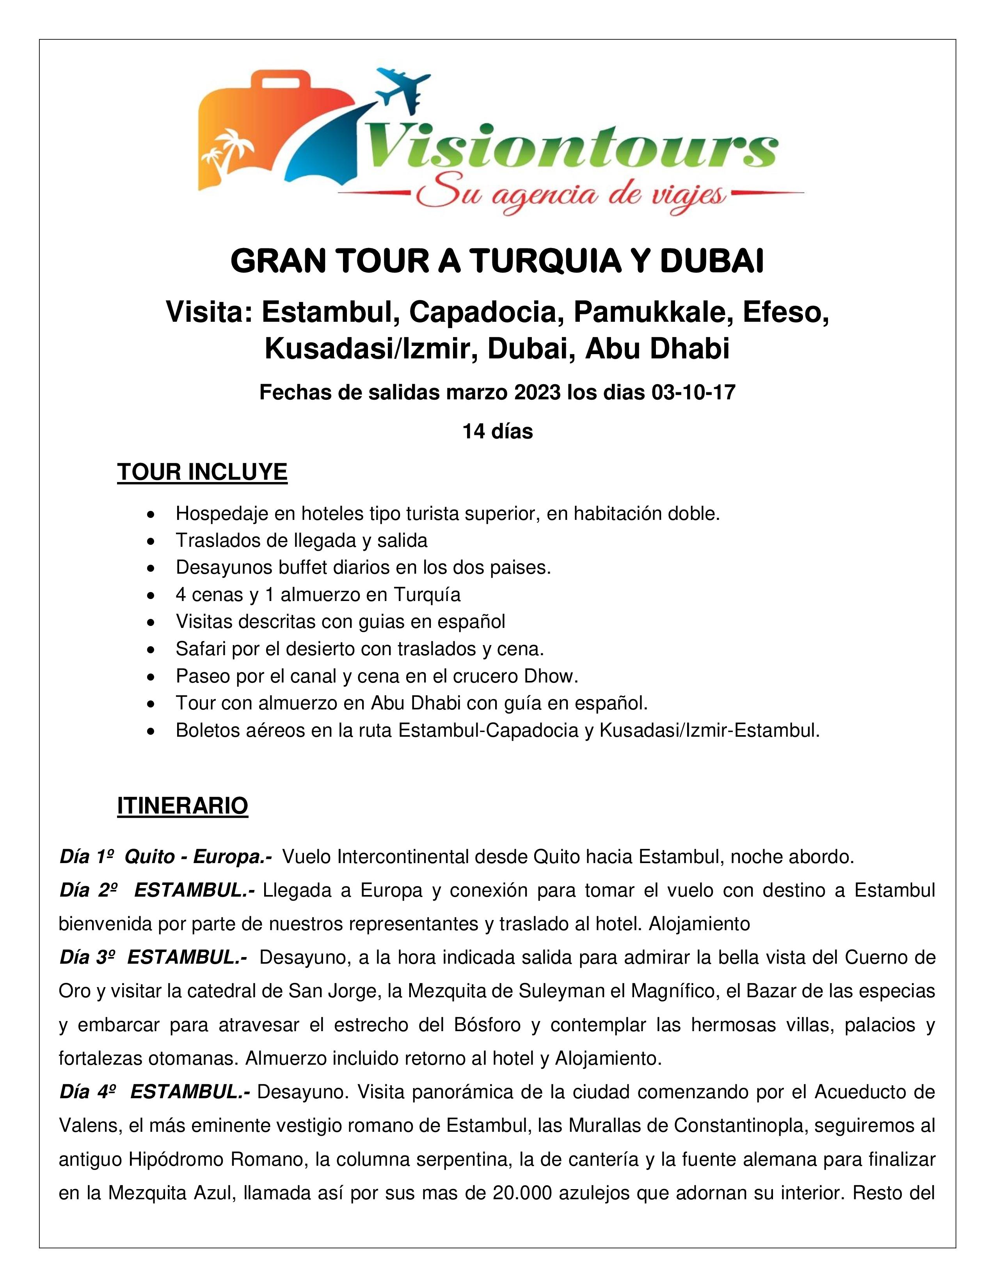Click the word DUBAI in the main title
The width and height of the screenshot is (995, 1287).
[712, 262]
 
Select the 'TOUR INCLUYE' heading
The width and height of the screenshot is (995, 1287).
[202, 473]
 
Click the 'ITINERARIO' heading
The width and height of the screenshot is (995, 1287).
[183, 806]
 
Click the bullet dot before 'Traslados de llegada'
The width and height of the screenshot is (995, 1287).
[152, 541]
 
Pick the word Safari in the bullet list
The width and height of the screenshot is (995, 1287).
[200, 649]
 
